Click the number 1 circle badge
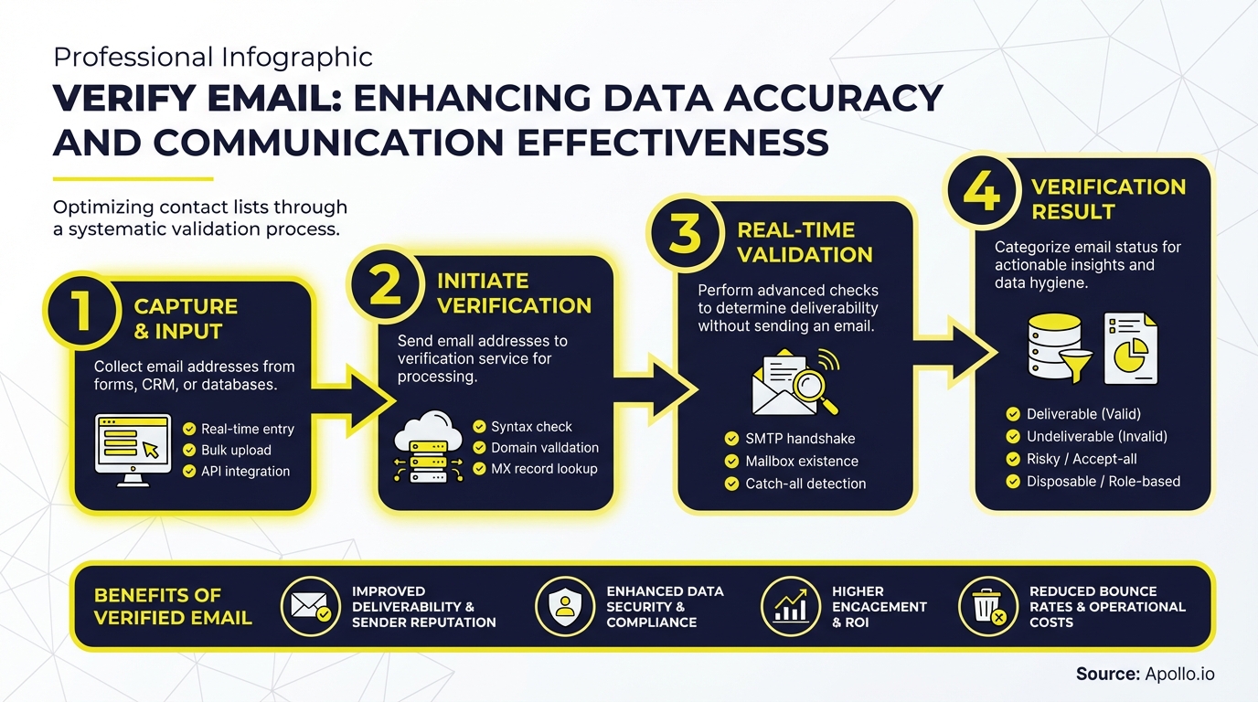click(81, 310)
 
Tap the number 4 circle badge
click(981, 192)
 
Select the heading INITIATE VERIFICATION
click(514, 292)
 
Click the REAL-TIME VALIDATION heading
click(805, 242)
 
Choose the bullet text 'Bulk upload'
click(236, 450)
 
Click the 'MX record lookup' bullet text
click(544, 469)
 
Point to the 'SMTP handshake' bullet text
click(800, 439)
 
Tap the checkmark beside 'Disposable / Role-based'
click(1012, 481)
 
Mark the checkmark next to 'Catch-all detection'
click(730, 484)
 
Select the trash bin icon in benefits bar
click(987, 607)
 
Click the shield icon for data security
click(564, 607)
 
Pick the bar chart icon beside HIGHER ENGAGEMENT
click(790, 607)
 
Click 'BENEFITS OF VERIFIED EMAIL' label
click(173, 606)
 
